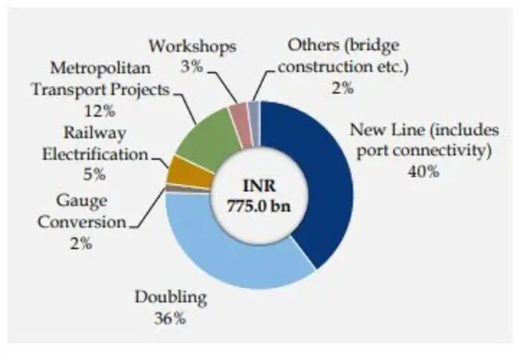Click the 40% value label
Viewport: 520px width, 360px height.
click(x=424, y=171)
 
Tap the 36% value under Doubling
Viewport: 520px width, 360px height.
click(x=169, y=320)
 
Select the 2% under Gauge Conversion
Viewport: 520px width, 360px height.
click(x=77, y=243)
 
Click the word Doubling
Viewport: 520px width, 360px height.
click(x=169, y=299)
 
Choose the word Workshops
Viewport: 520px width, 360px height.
click(x=192, y=46)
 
